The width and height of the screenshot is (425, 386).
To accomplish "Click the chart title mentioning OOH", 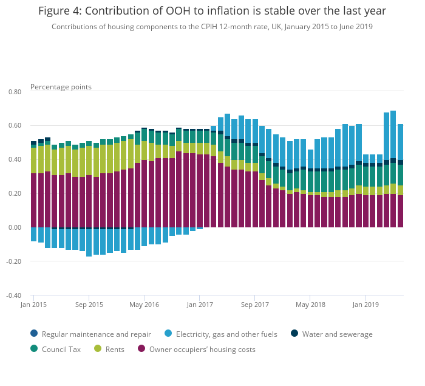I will tap(212, 11).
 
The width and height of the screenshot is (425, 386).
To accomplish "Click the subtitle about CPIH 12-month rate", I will tap(212, 27).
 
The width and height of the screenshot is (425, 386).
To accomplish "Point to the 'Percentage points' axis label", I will tap(61, 87).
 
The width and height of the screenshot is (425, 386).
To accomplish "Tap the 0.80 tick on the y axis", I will tap(14, 92).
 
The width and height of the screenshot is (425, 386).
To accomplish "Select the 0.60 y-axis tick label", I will tap(14, 126).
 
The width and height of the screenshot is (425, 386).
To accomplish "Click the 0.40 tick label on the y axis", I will tap(14, 160).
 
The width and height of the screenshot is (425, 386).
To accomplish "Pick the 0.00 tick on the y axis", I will tap(14, 228).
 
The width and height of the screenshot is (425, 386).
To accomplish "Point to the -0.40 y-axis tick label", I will tap(13, 296).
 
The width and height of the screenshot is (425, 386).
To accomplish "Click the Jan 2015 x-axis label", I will tap(33, 304).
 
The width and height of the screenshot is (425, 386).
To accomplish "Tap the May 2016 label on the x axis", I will tap(144, 304).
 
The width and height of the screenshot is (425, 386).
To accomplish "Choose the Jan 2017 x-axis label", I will tap(199, 304).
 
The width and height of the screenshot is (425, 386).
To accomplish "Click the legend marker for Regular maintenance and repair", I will tap(34, 334).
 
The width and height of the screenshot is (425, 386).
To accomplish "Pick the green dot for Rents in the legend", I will tap(98, 349).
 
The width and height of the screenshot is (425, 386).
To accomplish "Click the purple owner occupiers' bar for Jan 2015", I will tap(34, 201).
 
